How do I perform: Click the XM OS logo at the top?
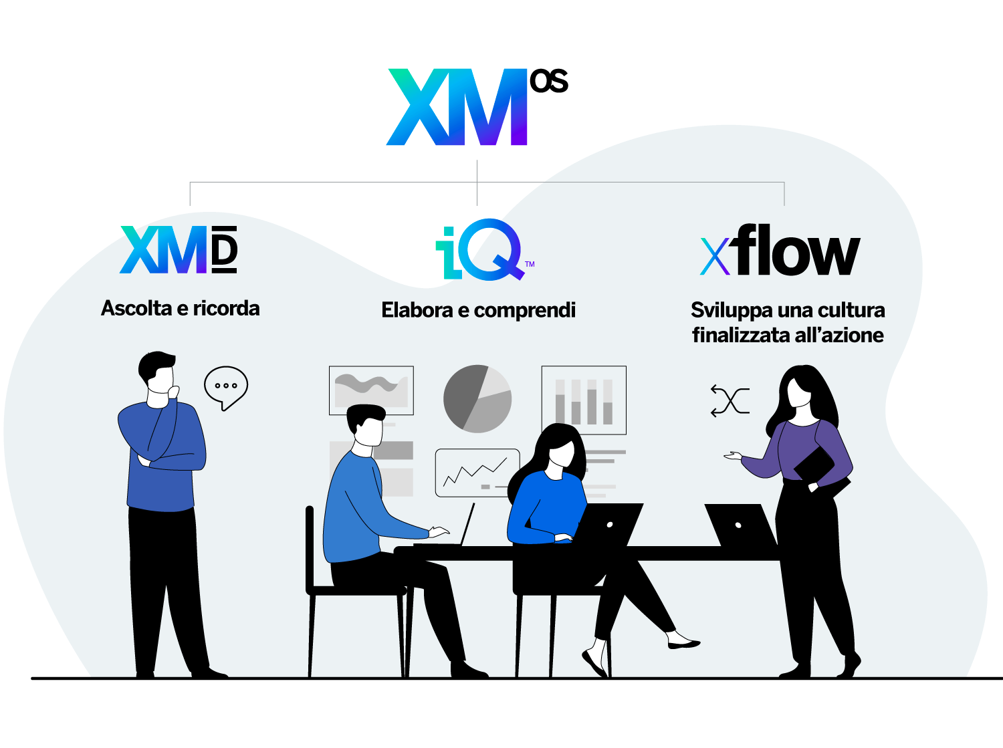tap(477, 107)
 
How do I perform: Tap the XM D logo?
tap(179, 249)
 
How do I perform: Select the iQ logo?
tap(484, 249)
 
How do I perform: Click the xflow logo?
tap(780, 250)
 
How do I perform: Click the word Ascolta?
tap(136, 308)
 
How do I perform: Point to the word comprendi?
tap(525, 311)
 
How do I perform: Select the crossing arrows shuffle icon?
tap(730, 401)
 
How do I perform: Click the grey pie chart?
tap(477, 398)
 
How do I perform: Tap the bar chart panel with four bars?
tap(584, 400)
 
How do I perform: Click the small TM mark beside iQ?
tap(530, 264)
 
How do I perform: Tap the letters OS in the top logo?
tap(549, 81)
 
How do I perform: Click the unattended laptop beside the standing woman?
tap(741, 525)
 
